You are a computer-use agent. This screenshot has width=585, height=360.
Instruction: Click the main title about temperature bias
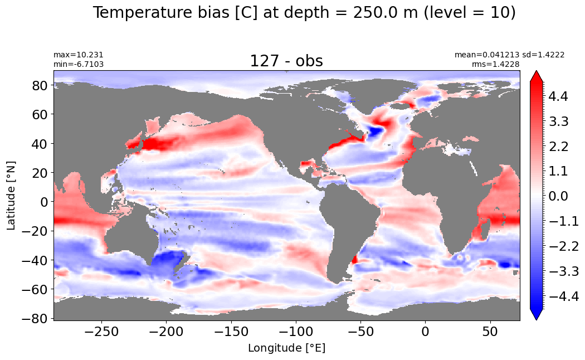click(x=304, y=13)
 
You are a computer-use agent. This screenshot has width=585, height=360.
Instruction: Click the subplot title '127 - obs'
click(x=286, y=61)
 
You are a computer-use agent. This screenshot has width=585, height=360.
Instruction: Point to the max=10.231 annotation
click(x=79, y=55)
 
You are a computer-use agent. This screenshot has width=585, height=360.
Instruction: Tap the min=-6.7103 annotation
click(x=79, y=64)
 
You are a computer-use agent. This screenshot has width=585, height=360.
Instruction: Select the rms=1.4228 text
click(x=495, y=64)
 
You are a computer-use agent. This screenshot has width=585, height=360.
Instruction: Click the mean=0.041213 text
click(x=486, y=55)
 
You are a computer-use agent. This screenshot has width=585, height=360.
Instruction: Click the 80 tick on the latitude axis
click(x=40, y=85)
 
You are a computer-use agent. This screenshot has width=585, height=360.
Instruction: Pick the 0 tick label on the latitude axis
click(x=45, y=202)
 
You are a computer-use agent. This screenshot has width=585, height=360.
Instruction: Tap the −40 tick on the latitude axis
click(x=35, y=260)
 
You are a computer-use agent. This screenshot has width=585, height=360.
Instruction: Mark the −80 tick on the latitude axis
click(x=35, y=318)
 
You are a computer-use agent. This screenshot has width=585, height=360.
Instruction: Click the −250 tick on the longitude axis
click(x=101, y=331)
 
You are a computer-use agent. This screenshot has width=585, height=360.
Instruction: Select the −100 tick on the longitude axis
click(x=296, y=331)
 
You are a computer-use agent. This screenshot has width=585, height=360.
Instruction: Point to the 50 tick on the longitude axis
click(x=490, y=331)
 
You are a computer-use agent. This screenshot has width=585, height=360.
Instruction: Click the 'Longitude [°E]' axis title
click(x=286, y=348)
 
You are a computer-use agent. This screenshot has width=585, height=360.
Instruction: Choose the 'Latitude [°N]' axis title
click(x=11, y=196)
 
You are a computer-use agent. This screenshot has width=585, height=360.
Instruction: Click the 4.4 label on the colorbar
click(x=558, y=96)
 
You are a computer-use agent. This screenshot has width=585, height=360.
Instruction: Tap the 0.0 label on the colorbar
click(x=558, y=196)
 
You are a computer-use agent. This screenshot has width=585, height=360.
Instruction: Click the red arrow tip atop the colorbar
click(x=536, y=71)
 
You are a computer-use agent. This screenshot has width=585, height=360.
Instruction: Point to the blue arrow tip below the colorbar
click(x=536, y=319)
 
